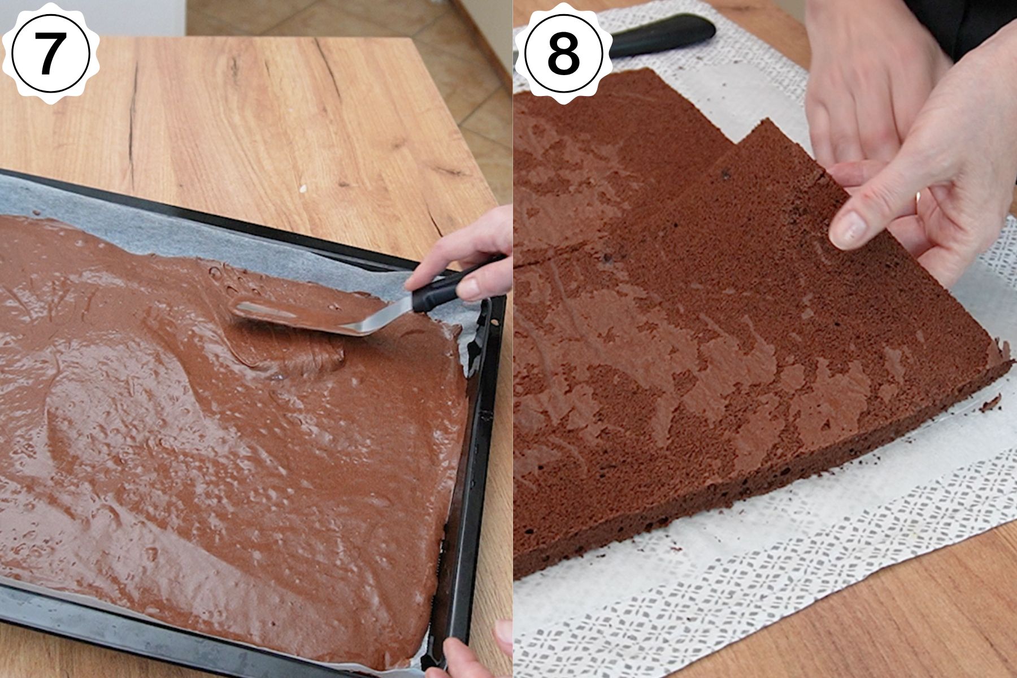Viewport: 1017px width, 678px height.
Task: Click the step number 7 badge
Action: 50,54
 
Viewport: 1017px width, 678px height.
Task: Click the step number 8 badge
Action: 563,54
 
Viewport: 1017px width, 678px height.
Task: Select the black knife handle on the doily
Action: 661,37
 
